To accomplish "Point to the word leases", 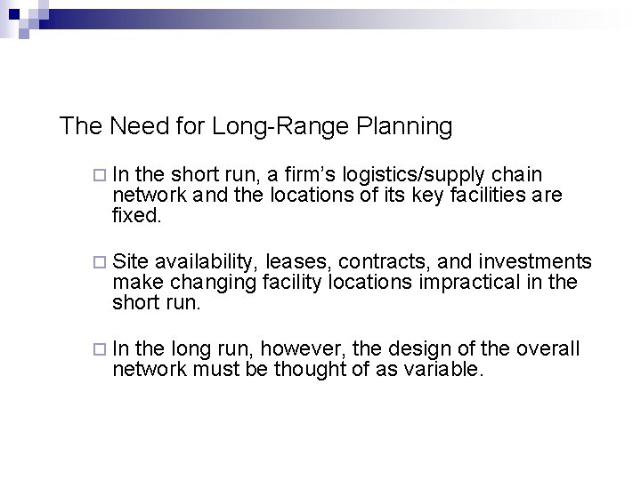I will pos(291,261).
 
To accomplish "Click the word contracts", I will pos(372,261).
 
